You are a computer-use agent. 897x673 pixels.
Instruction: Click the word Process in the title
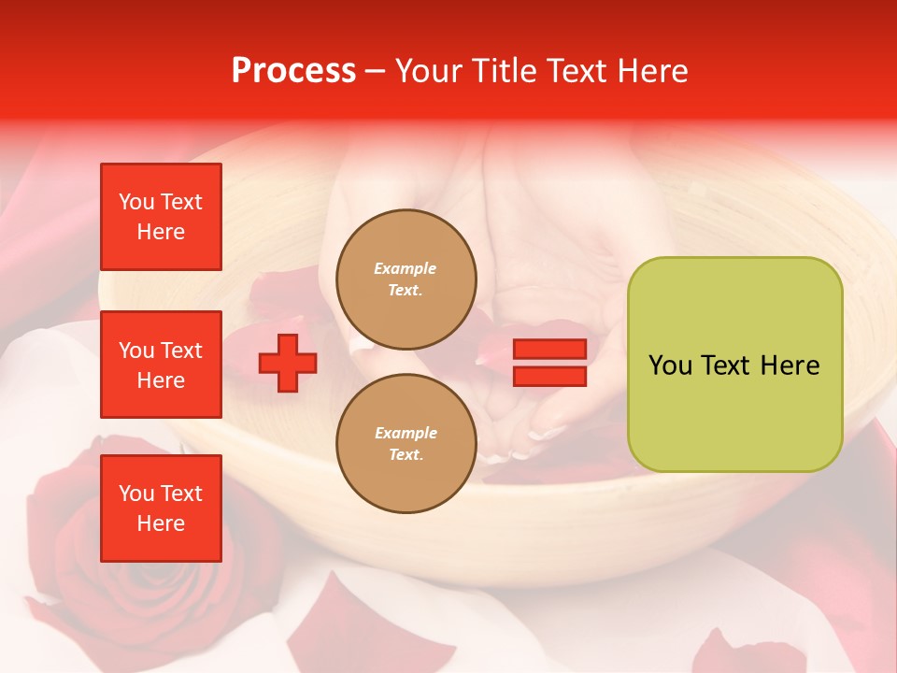(293, 71)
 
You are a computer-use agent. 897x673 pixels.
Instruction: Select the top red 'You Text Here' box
(161, 217)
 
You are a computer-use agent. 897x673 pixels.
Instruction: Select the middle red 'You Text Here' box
(161, 365)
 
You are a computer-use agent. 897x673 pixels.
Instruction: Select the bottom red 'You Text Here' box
(161, 508)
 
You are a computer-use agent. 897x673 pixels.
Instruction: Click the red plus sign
(287, 364)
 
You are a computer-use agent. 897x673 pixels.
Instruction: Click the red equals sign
(550, 364)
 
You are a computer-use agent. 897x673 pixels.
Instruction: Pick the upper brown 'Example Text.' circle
(406, 279)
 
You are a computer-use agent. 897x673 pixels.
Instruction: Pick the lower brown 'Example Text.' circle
(406, 443)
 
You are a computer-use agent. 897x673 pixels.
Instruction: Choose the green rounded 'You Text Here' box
(734, 365)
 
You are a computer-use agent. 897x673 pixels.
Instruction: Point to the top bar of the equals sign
(550, 350)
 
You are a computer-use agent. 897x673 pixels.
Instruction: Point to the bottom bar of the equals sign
(550, 377)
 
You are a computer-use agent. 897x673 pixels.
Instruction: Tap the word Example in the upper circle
(406, 268)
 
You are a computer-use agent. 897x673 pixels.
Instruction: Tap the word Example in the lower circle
(406, 433)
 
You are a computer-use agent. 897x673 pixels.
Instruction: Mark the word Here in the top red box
(161, 232)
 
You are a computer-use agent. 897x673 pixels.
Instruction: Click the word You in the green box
(671, 365)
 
